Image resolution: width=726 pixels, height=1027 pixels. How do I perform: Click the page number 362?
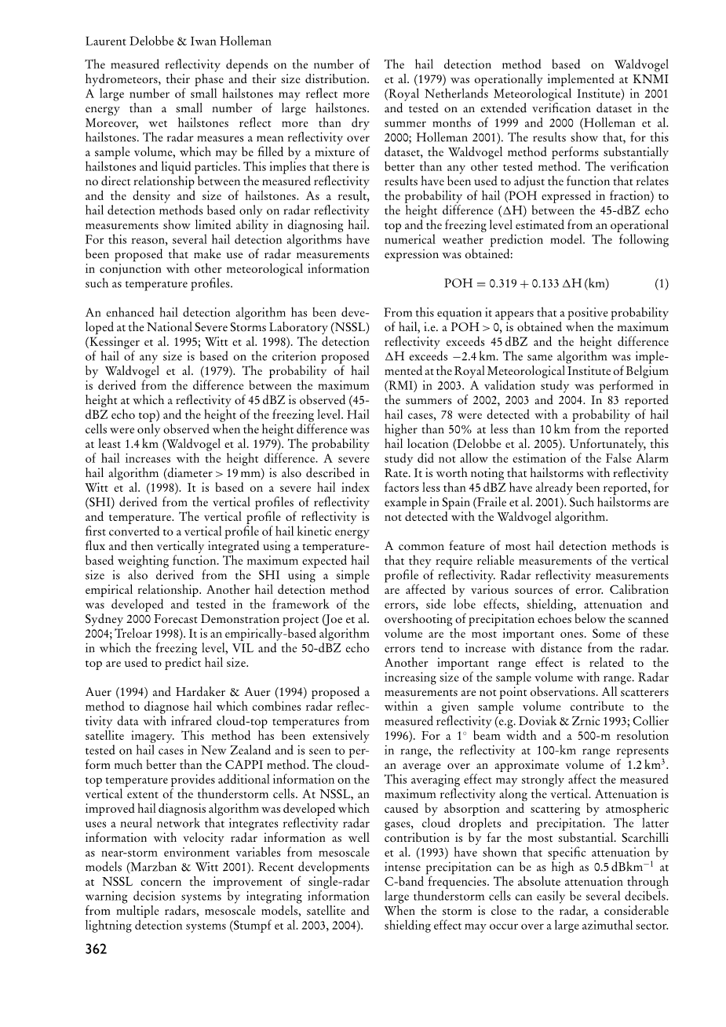tap(96, 949)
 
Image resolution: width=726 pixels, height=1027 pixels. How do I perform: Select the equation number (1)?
tap(662, 283)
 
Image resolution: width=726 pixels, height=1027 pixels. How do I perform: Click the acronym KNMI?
tap(650, 79)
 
